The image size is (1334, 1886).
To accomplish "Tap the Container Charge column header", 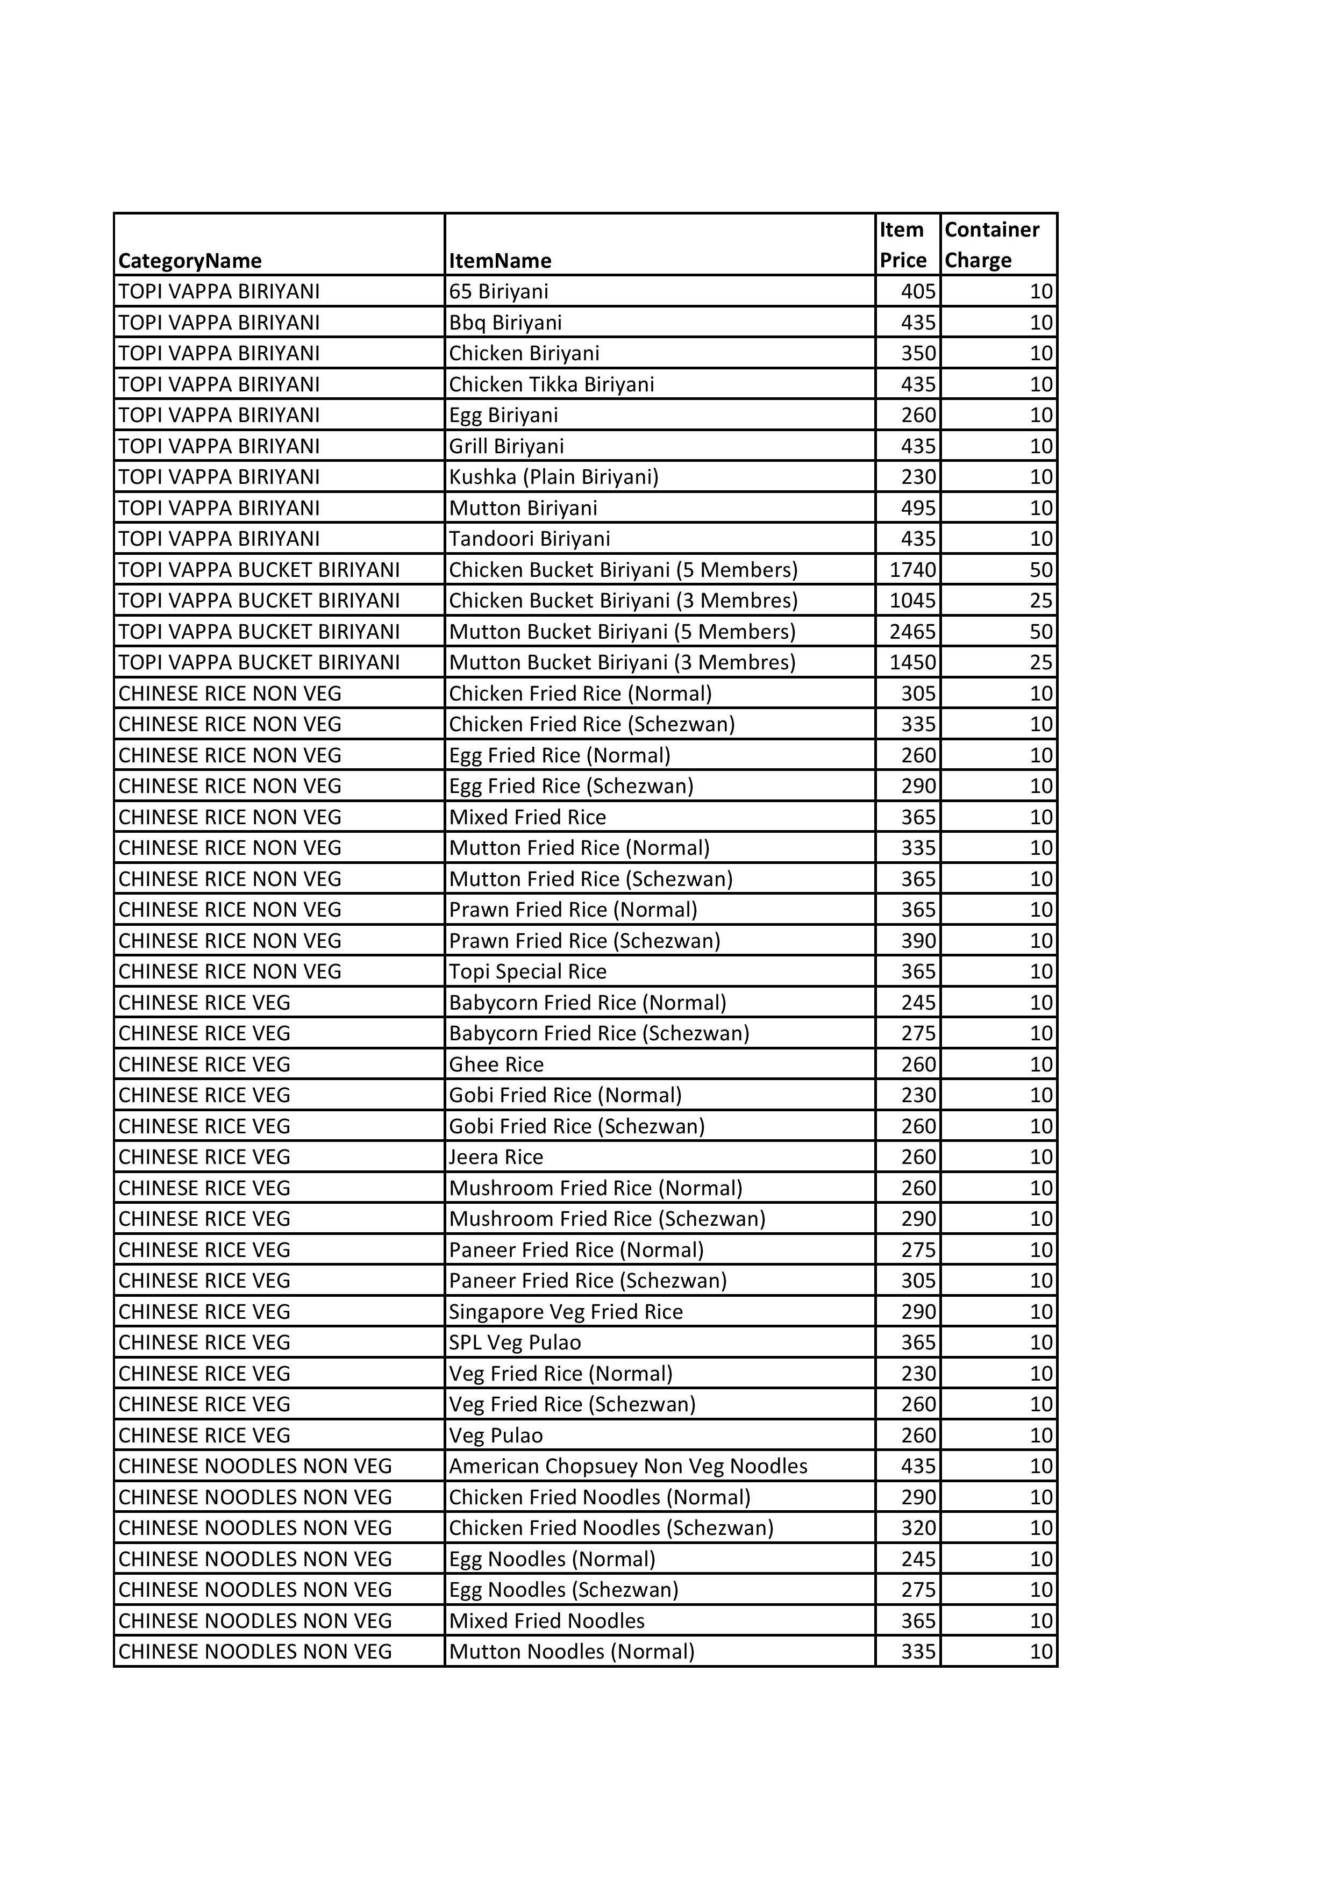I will coord(991,245).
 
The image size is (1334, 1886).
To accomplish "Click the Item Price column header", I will coord(903,245).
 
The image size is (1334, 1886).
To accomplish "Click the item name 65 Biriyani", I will coord(498,291).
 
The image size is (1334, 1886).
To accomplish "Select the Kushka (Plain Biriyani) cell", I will coord(554,477).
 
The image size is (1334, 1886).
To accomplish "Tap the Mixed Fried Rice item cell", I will coord(527,817).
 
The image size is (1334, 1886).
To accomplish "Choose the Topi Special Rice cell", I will coord(527,971).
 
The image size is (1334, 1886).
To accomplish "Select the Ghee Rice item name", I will coord(496,1065).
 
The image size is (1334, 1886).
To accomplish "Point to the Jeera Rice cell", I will coord(496,1158).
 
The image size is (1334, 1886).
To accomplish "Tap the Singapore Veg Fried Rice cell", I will coord(566,1312).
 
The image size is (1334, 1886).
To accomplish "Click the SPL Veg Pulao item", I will coord(515,1343).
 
